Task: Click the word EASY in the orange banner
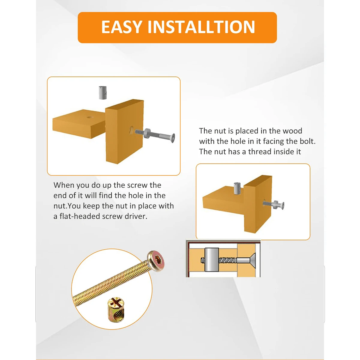coord(121,27)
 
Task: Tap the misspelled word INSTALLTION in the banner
coord(201,27)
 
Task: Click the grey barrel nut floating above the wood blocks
coord(102,93)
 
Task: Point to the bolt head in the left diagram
coord(172,137)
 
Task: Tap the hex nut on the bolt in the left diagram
coord(148,132)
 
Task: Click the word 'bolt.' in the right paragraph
coord(307,141)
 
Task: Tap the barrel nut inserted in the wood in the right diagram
coord(237,188)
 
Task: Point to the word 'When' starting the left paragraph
coord(64,185)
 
